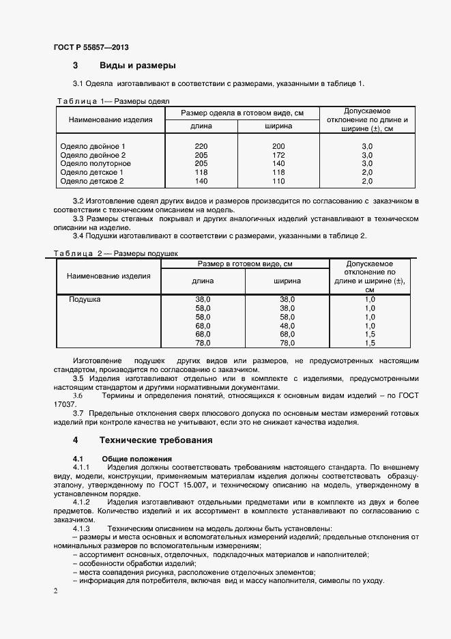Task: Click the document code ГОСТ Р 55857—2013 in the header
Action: pos(91,48)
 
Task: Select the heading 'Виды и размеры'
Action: pos(138,66)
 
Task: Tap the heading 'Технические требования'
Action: pos(156,440)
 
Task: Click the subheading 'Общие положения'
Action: pos(136,458)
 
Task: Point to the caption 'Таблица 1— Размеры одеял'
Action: pos(112,101)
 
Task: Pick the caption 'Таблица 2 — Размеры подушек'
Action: pos(115,253)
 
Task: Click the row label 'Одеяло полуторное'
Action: pos(96,164)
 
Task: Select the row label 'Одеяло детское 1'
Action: pos(92,173)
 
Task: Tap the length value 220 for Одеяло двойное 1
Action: pos(201,147)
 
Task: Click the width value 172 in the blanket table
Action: pos(278,156)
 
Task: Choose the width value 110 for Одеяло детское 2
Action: pos(278,182)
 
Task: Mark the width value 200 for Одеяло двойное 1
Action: pos(278,147)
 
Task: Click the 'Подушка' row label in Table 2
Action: pos(85,300)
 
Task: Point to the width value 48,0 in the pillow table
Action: pos(287,326)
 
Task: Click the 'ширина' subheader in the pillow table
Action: pos(287,281)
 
